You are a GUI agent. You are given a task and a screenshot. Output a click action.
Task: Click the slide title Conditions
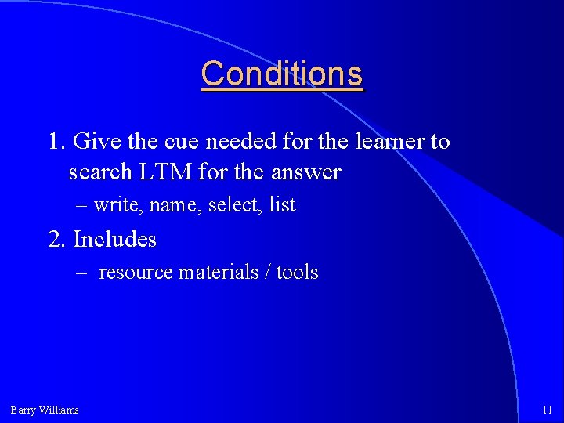[x=282, y=74]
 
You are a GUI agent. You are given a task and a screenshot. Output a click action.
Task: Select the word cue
[x=181, y=142]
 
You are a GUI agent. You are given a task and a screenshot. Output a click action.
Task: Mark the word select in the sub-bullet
[x=234, y=205]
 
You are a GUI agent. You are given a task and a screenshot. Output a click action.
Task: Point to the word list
[x=282, y=205]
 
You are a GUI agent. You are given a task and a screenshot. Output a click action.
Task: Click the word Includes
[x=114, y=239]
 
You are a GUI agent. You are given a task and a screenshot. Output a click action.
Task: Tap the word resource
[x=136, y=273]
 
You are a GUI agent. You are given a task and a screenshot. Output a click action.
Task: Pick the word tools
[x=298, y=273]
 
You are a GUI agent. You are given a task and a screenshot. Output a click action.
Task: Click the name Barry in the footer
[x=23, y=410]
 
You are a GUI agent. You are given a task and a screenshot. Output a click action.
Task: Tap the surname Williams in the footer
[x=59, y=410]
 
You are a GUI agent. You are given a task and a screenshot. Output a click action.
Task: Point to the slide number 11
[x=547, y=410]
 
